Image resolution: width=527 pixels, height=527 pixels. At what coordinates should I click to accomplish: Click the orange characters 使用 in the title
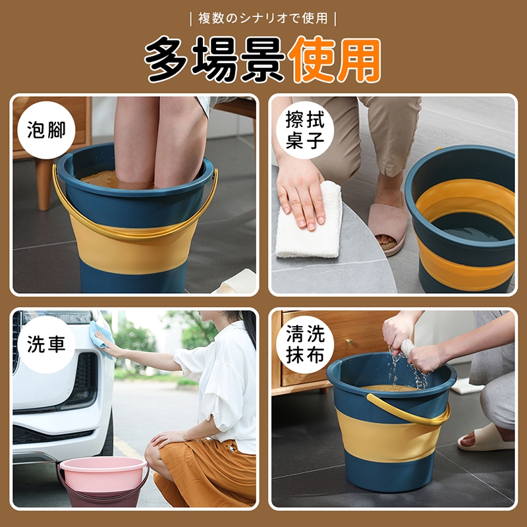click(x=334, y=60)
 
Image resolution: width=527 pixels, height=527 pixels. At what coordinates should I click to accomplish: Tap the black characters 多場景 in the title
click(x=215, y=60)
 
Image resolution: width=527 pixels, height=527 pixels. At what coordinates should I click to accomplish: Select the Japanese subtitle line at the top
click(x=263, y=18)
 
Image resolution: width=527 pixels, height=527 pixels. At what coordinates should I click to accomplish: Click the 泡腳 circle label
click(x=46, y=130)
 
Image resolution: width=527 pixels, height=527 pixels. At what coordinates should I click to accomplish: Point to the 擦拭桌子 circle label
click(x=305, y=130)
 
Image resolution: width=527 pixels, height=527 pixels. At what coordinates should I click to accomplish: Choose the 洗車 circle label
click(x=46, y=345)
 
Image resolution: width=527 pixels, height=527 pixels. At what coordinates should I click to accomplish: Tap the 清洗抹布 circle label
click(x=305, y=345)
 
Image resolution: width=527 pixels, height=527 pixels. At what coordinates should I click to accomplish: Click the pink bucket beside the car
click(x=103, y=481)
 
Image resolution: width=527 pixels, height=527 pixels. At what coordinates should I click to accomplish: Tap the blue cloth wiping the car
click(x=103, y=337)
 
